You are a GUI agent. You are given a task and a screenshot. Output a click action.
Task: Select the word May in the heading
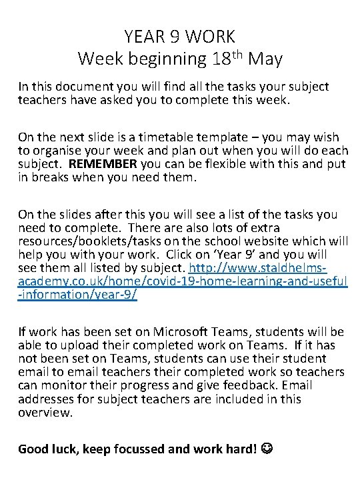coord(265,59)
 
